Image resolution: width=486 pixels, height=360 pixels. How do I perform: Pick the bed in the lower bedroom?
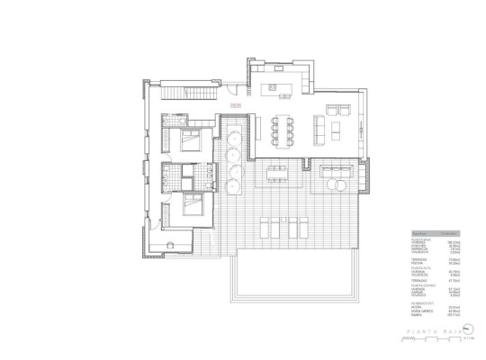coord(191,206)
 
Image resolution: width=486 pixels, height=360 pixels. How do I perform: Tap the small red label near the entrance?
coord(236,105)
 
